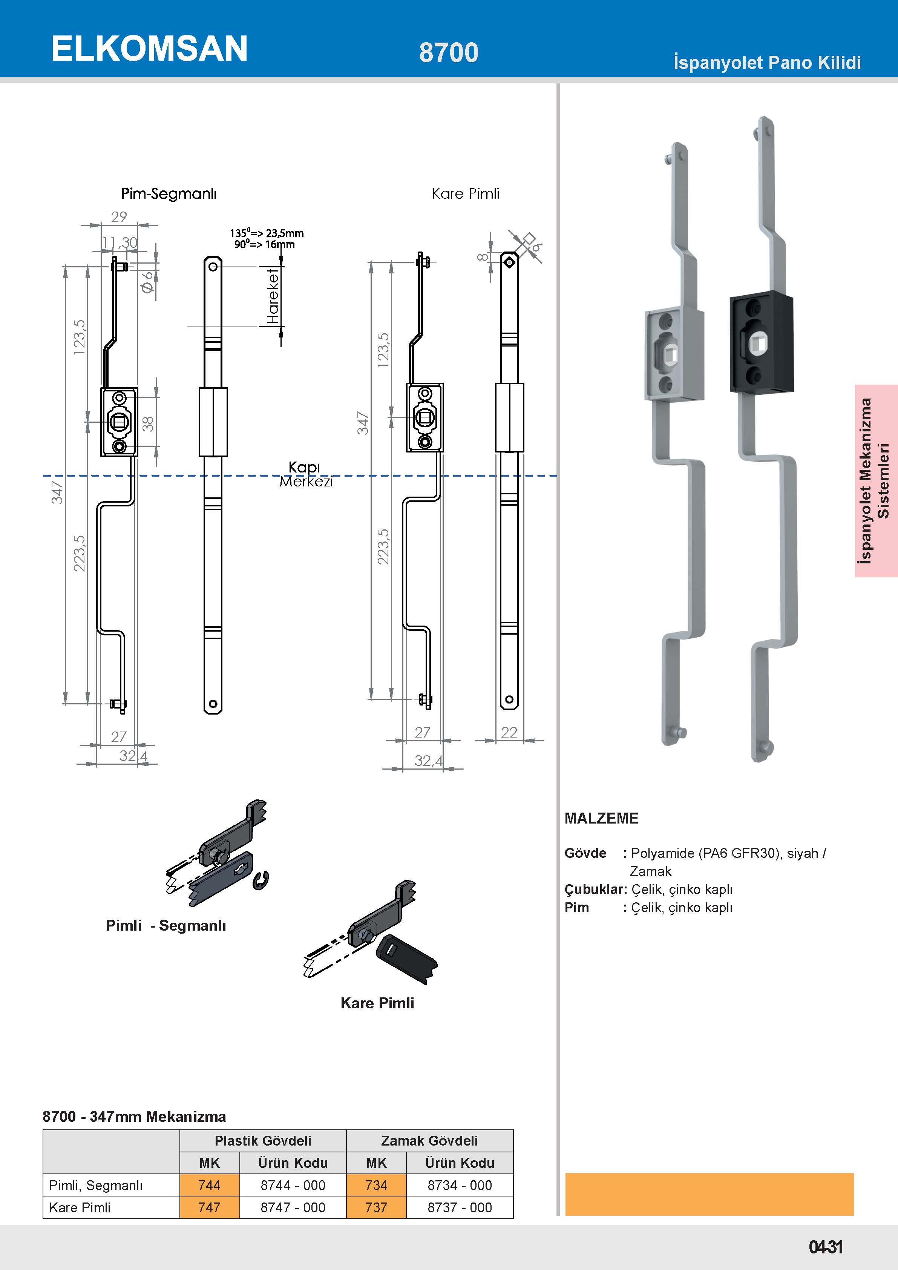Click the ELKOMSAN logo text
(149, 49)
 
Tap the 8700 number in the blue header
(449, 52)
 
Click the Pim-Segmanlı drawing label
(169, 193)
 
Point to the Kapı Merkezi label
(305, 474)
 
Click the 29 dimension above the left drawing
(119, 217)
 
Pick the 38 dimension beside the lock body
(148, 424)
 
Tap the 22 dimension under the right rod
(509, 732)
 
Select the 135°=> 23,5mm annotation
(267, 233)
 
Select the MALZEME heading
(601, 818)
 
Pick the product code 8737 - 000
(460, 1207)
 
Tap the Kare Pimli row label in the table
(80, 1207)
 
